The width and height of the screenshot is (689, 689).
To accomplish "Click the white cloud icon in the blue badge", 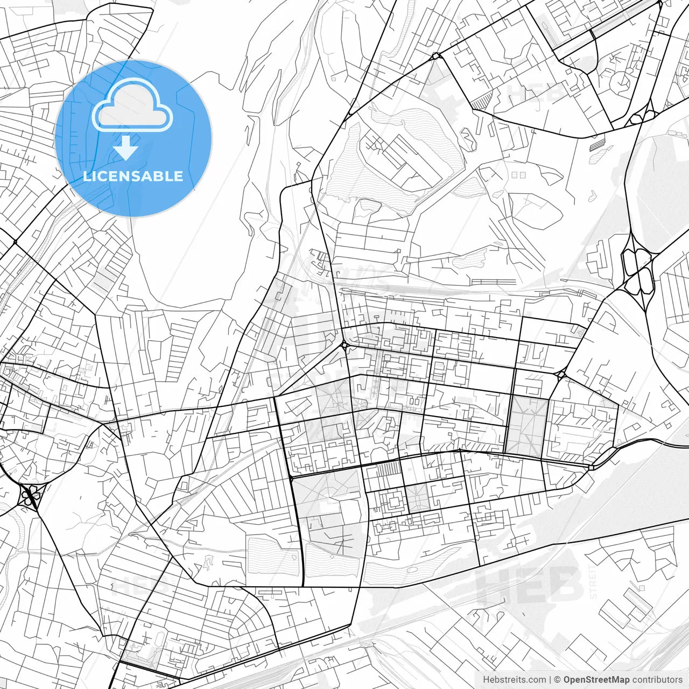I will click(132, 105).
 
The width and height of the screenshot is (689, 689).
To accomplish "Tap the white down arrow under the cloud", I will click(126, 147).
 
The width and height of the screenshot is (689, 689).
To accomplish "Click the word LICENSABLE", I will click(133, 176).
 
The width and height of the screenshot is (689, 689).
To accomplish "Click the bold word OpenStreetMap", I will click(596, 680).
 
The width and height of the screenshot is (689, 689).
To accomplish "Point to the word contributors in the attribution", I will click(657, 680).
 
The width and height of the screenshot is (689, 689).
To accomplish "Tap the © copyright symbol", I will click(558, 680).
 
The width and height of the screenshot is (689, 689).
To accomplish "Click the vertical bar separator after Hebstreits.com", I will click(550, 680).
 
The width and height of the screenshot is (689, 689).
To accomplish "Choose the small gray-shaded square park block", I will click(418, 498).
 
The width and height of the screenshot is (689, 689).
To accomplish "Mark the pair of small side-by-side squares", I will click(518, 175).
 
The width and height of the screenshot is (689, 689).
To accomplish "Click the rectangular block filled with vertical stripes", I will click(386, 469).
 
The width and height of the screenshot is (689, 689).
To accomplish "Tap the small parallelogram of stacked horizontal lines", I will click(596, 145).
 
